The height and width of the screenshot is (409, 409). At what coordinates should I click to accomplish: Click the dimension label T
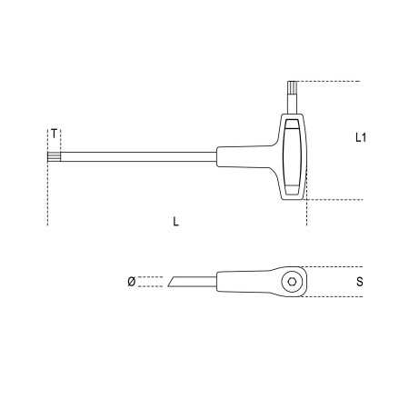[55, 134]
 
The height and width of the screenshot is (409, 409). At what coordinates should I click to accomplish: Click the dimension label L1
[361, 137]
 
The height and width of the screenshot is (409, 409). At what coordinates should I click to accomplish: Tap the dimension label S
[360, 283]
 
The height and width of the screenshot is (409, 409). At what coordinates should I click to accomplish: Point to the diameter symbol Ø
[131, 283]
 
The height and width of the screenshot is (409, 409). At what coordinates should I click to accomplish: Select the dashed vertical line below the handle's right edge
[308, 214]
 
